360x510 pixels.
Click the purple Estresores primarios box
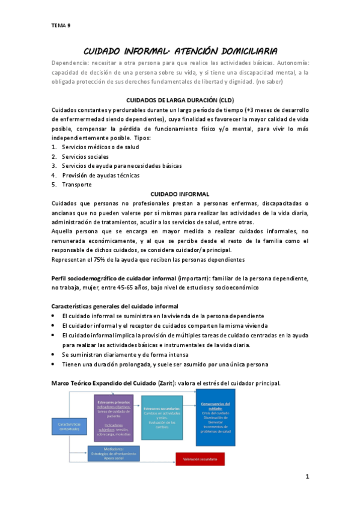(114, 414)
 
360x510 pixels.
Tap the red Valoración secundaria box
(200, 460)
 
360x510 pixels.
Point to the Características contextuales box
(70, 427)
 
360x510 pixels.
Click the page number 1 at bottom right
(307, 478)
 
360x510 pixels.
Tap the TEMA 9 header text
(61, 25)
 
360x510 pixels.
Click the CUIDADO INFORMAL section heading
(180, 194)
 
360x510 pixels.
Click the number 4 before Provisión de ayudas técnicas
(54, 175)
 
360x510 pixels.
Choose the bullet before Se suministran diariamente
(54, 355)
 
